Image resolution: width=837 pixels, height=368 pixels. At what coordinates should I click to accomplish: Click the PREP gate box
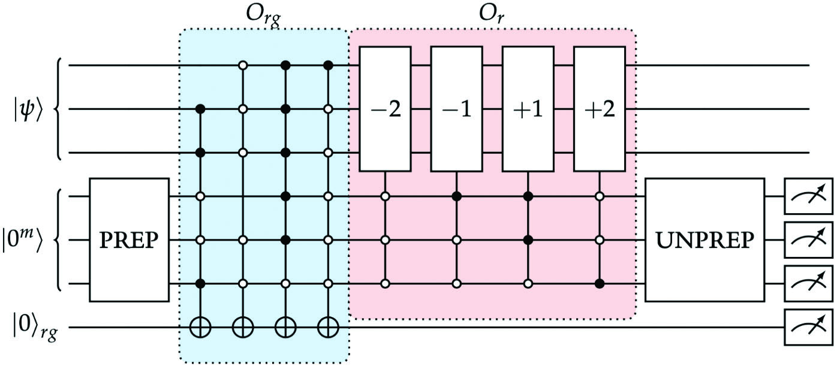tap(129, 240)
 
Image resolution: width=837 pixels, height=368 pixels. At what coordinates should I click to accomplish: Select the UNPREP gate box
tap(704, 240)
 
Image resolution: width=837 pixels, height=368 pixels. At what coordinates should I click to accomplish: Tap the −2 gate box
tap(385, 109)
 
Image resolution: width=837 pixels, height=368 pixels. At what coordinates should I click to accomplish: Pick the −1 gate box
tap(457, 109)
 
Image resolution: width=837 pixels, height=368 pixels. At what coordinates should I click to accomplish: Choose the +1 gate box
tap(528, 109)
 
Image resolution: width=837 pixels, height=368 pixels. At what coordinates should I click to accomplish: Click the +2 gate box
tap(600, 109)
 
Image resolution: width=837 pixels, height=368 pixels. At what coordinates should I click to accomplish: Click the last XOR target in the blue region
tap(328, 328)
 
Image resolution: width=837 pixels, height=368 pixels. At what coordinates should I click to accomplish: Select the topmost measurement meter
tap(808, 196)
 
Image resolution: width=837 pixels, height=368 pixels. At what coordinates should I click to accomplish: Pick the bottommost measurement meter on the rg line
tap(808, 328)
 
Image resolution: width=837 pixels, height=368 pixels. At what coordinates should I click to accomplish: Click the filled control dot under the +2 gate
tap(600, 283)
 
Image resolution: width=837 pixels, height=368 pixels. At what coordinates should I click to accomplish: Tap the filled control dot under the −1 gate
tap(457, 196)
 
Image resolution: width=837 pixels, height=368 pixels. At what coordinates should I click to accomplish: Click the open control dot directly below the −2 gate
tap(385, 196)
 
